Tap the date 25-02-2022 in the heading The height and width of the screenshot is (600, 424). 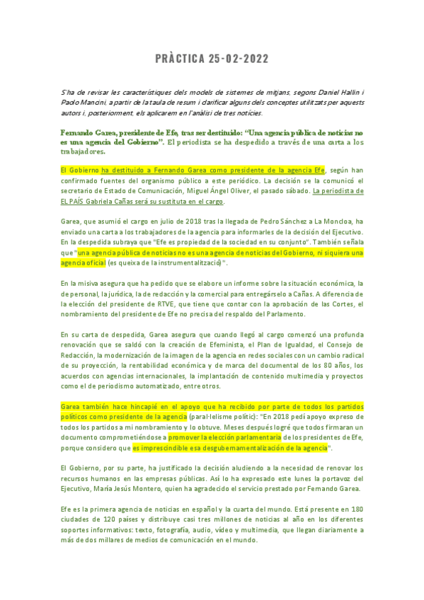[239, 59]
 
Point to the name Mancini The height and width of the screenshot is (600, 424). [97, 103]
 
